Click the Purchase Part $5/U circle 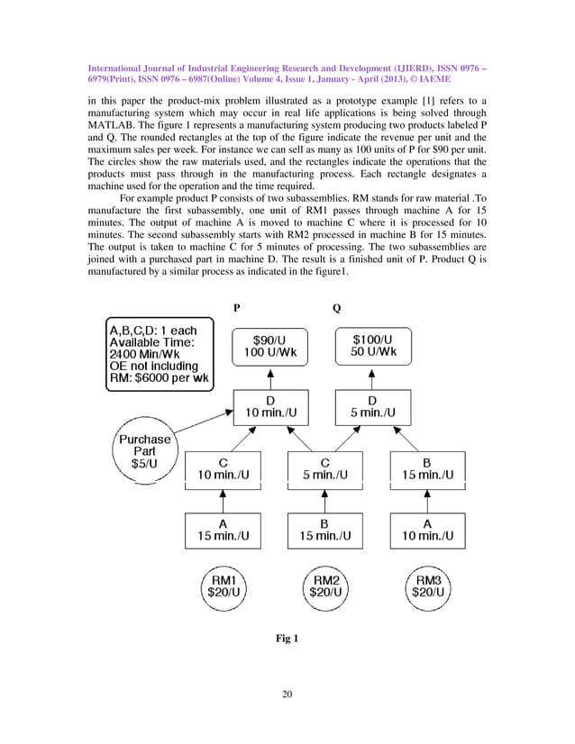coord(143,450)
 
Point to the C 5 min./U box coord(324,467)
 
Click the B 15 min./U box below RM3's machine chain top coord(426,467)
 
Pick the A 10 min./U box coord(426,531)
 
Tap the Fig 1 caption coord(287,639)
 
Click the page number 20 coord(287,693)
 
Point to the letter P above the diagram coord(236,307)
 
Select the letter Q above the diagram coord(337,307)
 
